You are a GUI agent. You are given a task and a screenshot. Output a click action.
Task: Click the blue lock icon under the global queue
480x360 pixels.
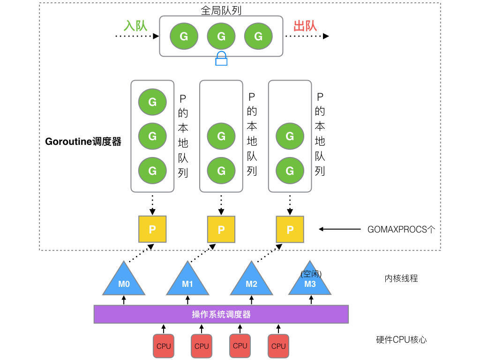pos(221,59)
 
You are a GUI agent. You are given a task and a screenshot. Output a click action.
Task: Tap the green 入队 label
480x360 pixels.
pos(135,25)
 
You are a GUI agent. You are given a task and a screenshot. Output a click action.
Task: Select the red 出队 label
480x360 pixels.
pos(305,25)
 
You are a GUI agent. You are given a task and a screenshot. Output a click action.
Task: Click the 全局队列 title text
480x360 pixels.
pos(221,10)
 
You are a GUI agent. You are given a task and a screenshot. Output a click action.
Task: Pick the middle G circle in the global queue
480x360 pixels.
pos(221,36)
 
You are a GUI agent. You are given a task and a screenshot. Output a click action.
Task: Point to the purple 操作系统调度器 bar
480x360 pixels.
pos(221,314)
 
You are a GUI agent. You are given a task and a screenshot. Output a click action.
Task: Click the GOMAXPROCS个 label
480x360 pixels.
pos(401,229)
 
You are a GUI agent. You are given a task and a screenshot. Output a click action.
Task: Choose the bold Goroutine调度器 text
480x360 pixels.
pos(83,142)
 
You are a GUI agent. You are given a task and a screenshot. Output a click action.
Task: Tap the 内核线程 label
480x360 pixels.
pos(401,278)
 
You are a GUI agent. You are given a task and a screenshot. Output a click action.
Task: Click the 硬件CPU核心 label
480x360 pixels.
pos(401,340)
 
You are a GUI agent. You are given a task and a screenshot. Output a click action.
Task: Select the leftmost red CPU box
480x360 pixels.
pos(163,346)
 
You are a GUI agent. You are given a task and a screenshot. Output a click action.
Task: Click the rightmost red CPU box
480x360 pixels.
pos(278,346)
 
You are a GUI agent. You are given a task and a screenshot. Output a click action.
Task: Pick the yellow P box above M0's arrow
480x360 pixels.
pos(152,229)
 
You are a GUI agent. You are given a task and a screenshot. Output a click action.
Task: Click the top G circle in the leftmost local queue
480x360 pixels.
pos(152,102)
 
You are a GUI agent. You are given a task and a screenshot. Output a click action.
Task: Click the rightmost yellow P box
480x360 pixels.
pos(290,229)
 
